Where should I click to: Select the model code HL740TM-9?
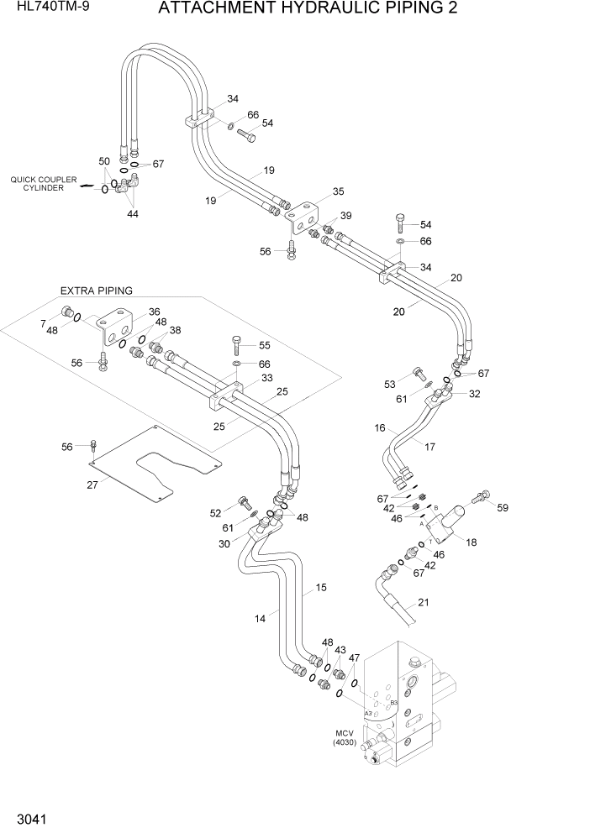pyautogui.click(x=48, y=11)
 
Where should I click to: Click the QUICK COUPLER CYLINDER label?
pyautogui.click(x=44, y=184)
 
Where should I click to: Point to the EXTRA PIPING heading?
pyautogui.click(x=96, y=291)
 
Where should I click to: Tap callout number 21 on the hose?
pyautogui.click(x=423, y=602)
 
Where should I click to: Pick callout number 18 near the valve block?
pyautogui.click(x=471, y=542)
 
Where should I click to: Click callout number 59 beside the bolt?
pyautogui.click(x=503, y=507)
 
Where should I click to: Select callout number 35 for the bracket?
pyautogui.click(x=338, y=191)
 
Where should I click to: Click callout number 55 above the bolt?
pyautogui.click(x=264, y=345)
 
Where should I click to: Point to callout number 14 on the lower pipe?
pyautogui.click(x=261, y=618)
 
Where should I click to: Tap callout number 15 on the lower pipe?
pyautogui.click(x=320, y=587)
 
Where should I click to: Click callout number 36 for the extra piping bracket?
pyautogui.click(x=154, y=312)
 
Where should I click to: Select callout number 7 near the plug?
pyautogui.click(x=43, y=323)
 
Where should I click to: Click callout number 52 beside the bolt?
pyautogui.click(x=216, y=512)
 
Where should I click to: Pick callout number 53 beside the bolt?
pyautogui.click(x=389, y=384)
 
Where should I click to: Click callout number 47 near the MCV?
pyautogui.click(x=355, y=657)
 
